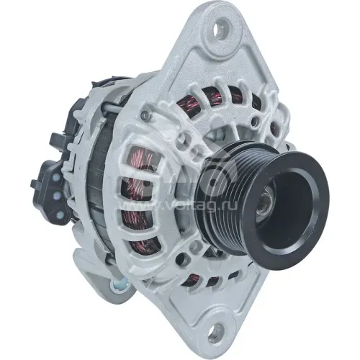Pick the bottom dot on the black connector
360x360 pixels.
pyautogui.click(x=60, y=214)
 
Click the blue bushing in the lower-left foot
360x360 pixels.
pyautogui.click(x=118, y=285)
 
